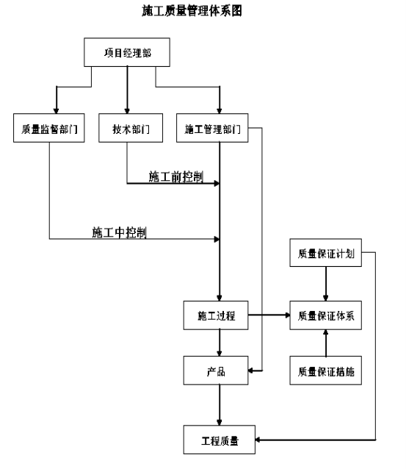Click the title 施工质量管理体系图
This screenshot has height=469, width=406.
[192, 11]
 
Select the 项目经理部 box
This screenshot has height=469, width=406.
[127, 52]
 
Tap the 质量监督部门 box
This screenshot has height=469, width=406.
[49, 128]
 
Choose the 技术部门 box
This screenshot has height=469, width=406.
[131, 128]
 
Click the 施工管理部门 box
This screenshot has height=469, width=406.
[212, 128]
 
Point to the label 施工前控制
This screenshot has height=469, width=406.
[176, 176]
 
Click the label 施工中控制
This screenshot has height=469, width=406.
[119, 232]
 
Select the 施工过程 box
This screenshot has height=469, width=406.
[216, 315]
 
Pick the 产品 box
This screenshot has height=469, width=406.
[216, 370]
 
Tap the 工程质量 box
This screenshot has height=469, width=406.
[220, 440]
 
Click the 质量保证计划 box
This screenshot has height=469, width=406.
[326, 253]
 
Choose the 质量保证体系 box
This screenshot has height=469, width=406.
[326, 315]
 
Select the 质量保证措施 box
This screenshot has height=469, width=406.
[326, 370]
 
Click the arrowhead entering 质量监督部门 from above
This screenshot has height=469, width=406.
[57, 111]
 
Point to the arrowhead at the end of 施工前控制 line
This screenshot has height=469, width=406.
[217, 183]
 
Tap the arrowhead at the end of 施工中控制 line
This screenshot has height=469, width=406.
[217, 240]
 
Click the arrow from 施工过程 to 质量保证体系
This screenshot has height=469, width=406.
[269, 315]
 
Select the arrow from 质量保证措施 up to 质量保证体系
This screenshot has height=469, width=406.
[326, 343]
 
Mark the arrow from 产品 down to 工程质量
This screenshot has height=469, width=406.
[220, 405]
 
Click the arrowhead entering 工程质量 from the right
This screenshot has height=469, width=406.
[258, 440]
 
